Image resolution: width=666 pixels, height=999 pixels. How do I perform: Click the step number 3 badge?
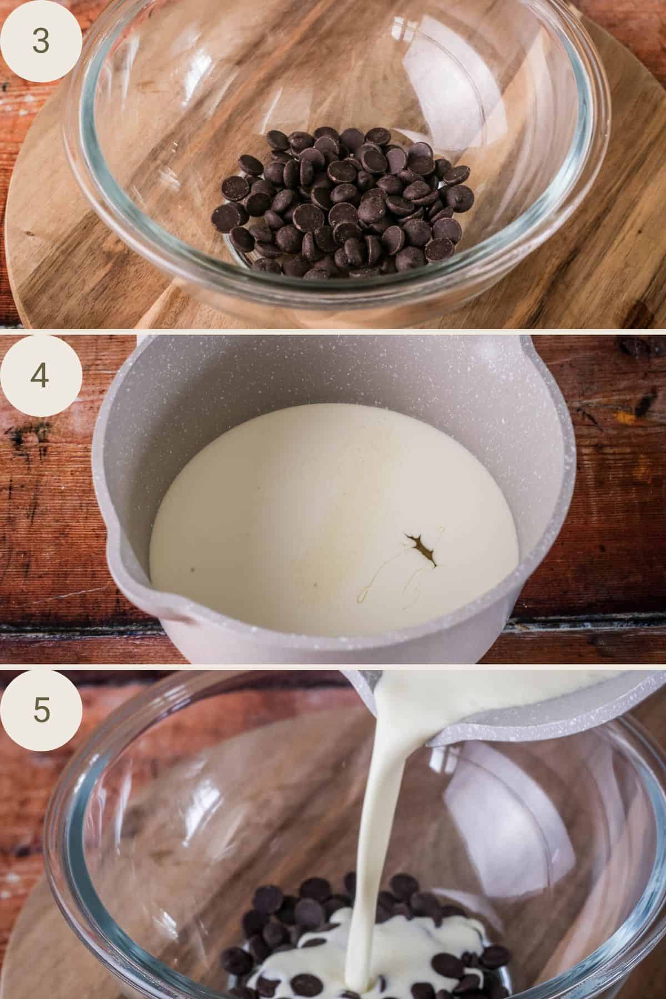tap(41, 41)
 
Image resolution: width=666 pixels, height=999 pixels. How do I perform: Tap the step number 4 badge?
tap(41, 375)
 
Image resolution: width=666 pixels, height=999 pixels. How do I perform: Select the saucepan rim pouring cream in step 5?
tap(500, 722)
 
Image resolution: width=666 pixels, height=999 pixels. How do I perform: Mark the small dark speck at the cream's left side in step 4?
tap(192, 569)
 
